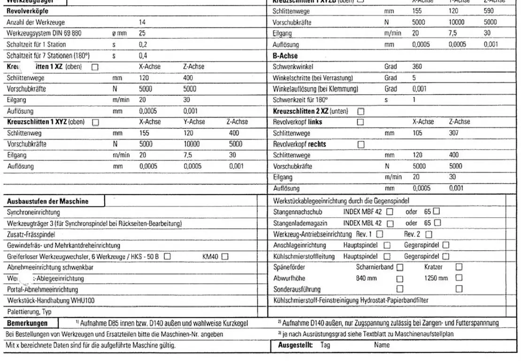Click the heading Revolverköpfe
[27, 11]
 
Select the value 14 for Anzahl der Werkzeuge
[142, 22]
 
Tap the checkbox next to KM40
[225, 257]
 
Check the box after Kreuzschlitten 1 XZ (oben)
[95, 67]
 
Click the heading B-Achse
[285, 56]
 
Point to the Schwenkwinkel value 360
[417, 67]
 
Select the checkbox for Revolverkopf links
[360, 122]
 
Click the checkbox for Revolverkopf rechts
[361, 144]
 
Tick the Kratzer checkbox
[459, 267]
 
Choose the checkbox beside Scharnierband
[400, 267]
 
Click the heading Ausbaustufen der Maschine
[47, 201]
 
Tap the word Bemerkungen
[27, 323]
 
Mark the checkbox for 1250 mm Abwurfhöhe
[459, 278]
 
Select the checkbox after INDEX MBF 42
[390, 212]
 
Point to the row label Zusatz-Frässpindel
[31, 234]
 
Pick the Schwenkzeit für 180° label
[300, 100]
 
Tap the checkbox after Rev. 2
[429, 234]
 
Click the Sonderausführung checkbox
[400, 289]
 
